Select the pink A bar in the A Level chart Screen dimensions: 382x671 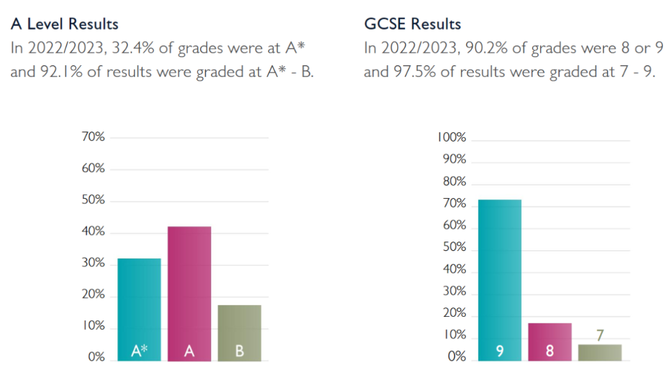tap(189, 286)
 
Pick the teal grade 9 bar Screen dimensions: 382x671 tap(500, 273)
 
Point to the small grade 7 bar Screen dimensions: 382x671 tap(600, 353)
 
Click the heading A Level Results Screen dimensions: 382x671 tap(65, 24)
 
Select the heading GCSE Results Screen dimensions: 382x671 tap(413, 24)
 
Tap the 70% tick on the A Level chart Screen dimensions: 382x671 tap(93, 137)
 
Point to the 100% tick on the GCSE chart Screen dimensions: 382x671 tap(452, 138)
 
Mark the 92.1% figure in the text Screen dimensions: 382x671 tap(57, 71)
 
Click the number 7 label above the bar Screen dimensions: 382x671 tap(600, 335)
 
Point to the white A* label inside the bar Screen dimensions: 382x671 tap(139, 351)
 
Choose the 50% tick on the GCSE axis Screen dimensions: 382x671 tap(454, 248)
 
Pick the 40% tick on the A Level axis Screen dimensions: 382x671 tap(93, 232)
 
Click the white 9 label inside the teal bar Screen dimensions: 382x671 tap(500, 352)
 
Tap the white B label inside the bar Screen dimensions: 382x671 tap(239, 352)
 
